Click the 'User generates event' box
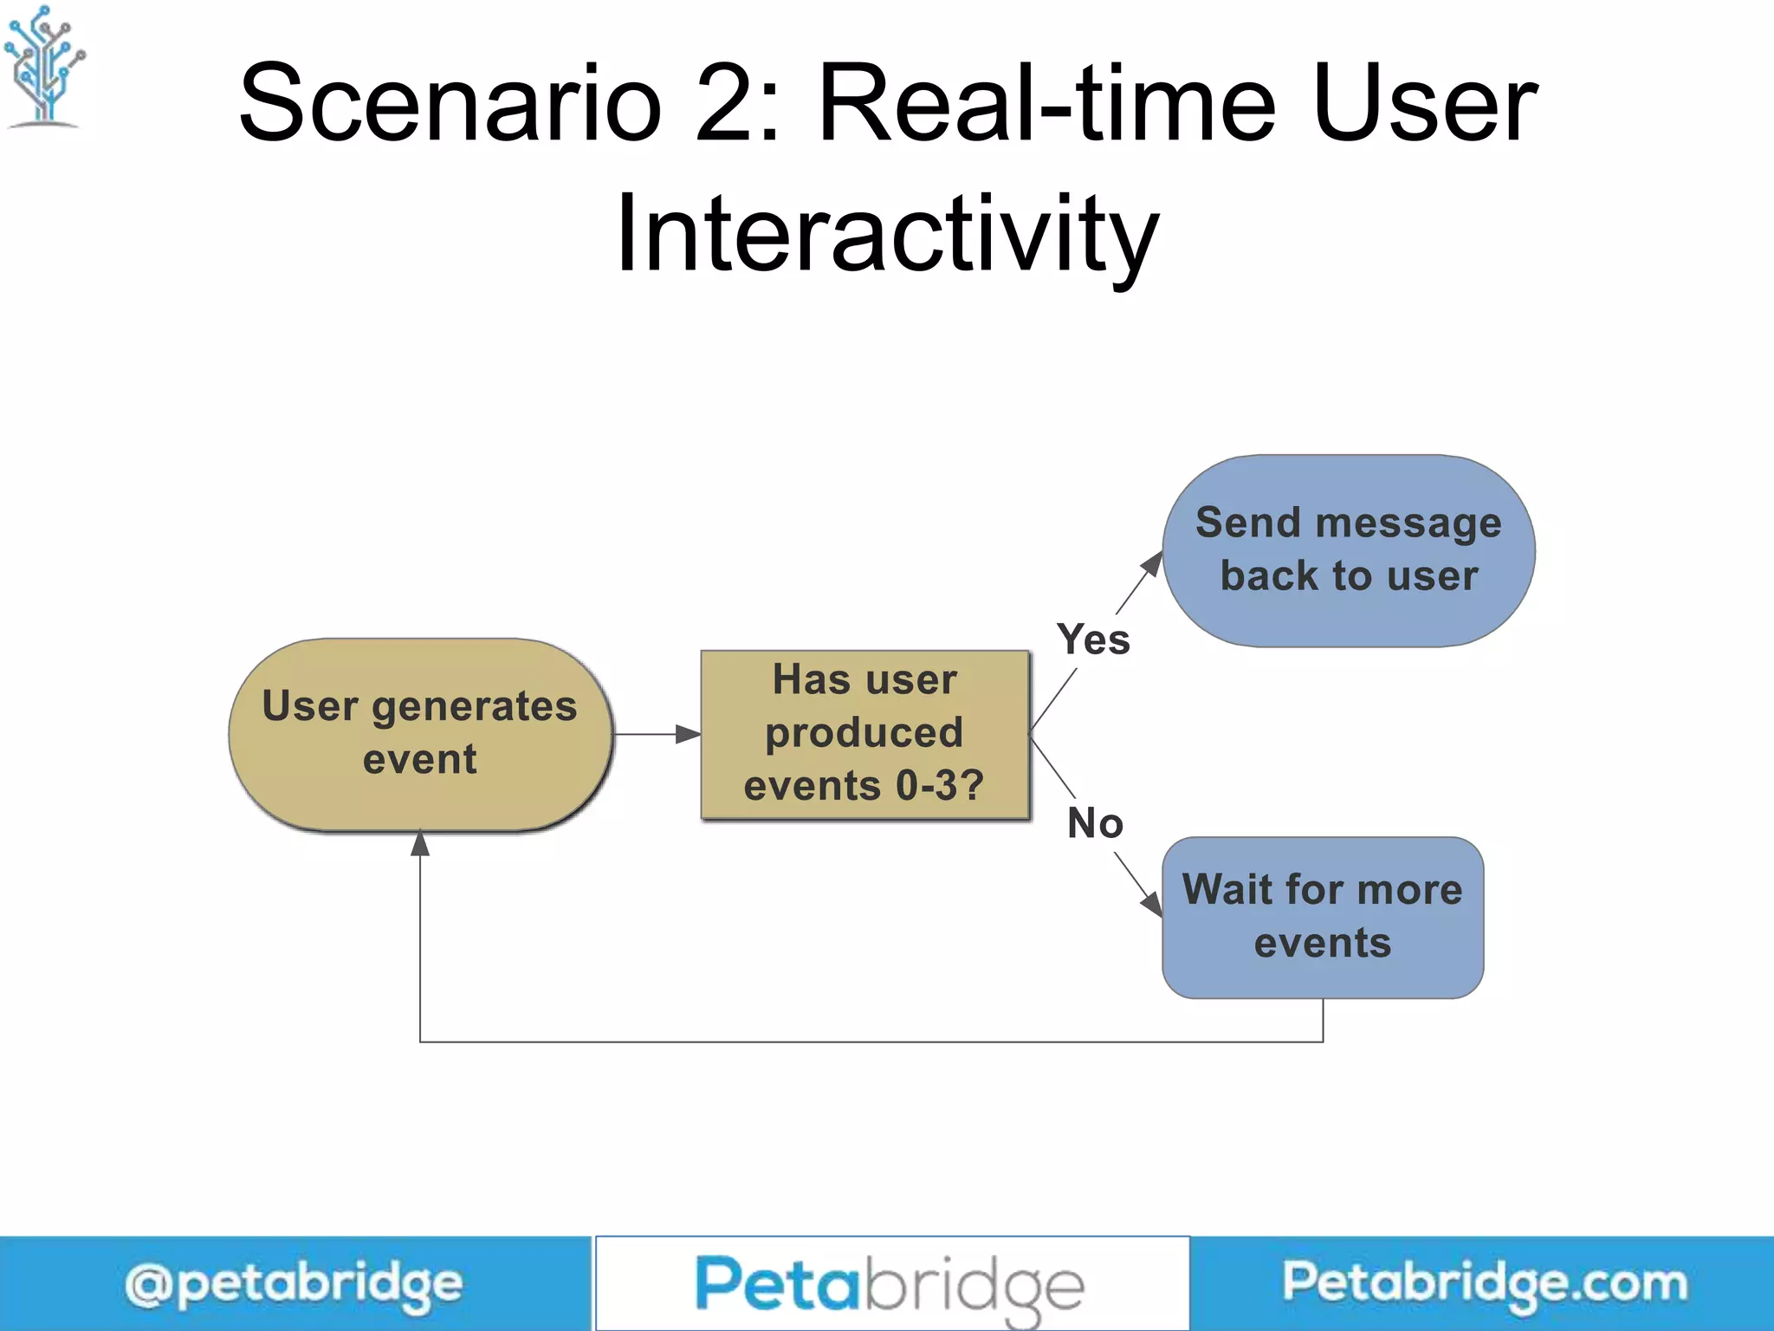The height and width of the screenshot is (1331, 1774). (x=421, y=734)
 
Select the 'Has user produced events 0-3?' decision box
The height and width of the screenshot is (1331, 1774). (x=864, y=734)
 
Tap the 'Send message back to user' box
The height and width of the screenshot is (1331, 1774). (x=1348, y=550)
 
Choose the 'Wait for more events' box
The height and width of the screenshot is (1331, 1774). (x=1322, y=917)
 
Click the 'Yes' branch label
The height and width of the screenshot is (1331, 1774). (x=1093, y=640)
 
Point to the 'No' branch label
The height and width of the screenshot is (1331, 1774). (x=1095, y=823)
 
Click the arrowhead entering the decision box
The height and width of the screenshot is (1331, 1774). (x=689, y=734)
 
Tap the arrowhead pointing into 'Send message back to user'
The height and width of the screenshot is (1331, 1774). (x=1152, y=564)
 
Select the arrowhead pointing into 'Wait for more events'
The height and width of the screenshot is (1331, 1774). (x=1151, y=904)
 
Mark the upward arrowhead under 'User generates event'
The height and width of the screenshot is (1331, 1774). (x=420, y=842)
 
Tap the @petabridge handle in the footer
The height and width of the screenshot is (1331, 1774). (x=294, y=1284)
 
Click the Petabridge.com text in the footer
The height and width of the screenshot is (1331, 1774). (x=1485, y=1282)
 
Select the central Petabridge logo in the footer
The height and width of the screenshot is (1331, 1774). (x=890, y=1284)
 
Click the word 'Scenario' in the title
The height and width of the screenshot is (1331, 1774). (x=450, y=104)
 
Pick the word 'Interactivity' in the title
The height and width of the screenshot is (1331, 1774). (x=887, y=234)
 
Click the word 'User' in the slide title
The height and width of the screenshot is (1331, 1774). (x=1424, y=104)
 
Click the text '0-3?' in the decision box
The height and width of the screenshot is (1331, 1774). (x=940, y=786)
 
